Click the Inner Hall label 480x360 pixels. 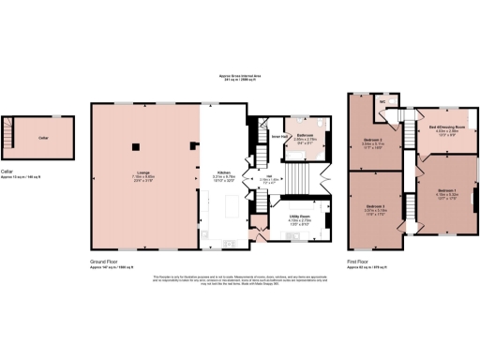(x=278, y=136)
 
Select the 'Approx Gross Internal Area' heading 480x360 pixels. (x=239, y=76)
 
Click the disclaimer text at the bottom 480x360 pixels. (x=239, y=281)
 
